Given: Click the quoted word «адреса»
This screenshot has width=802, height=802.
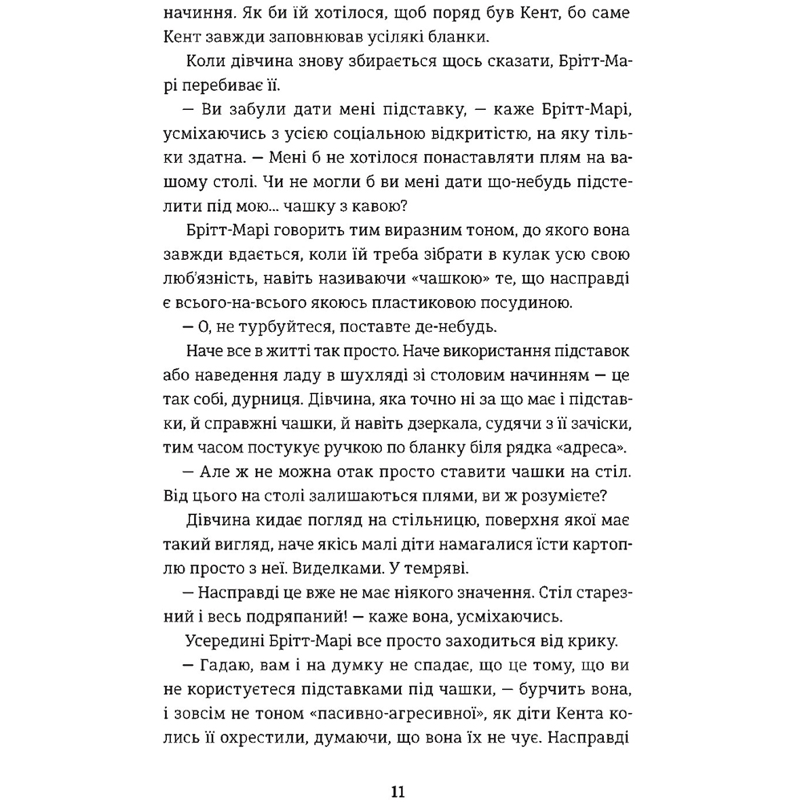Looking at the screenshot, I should [599, 444].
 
